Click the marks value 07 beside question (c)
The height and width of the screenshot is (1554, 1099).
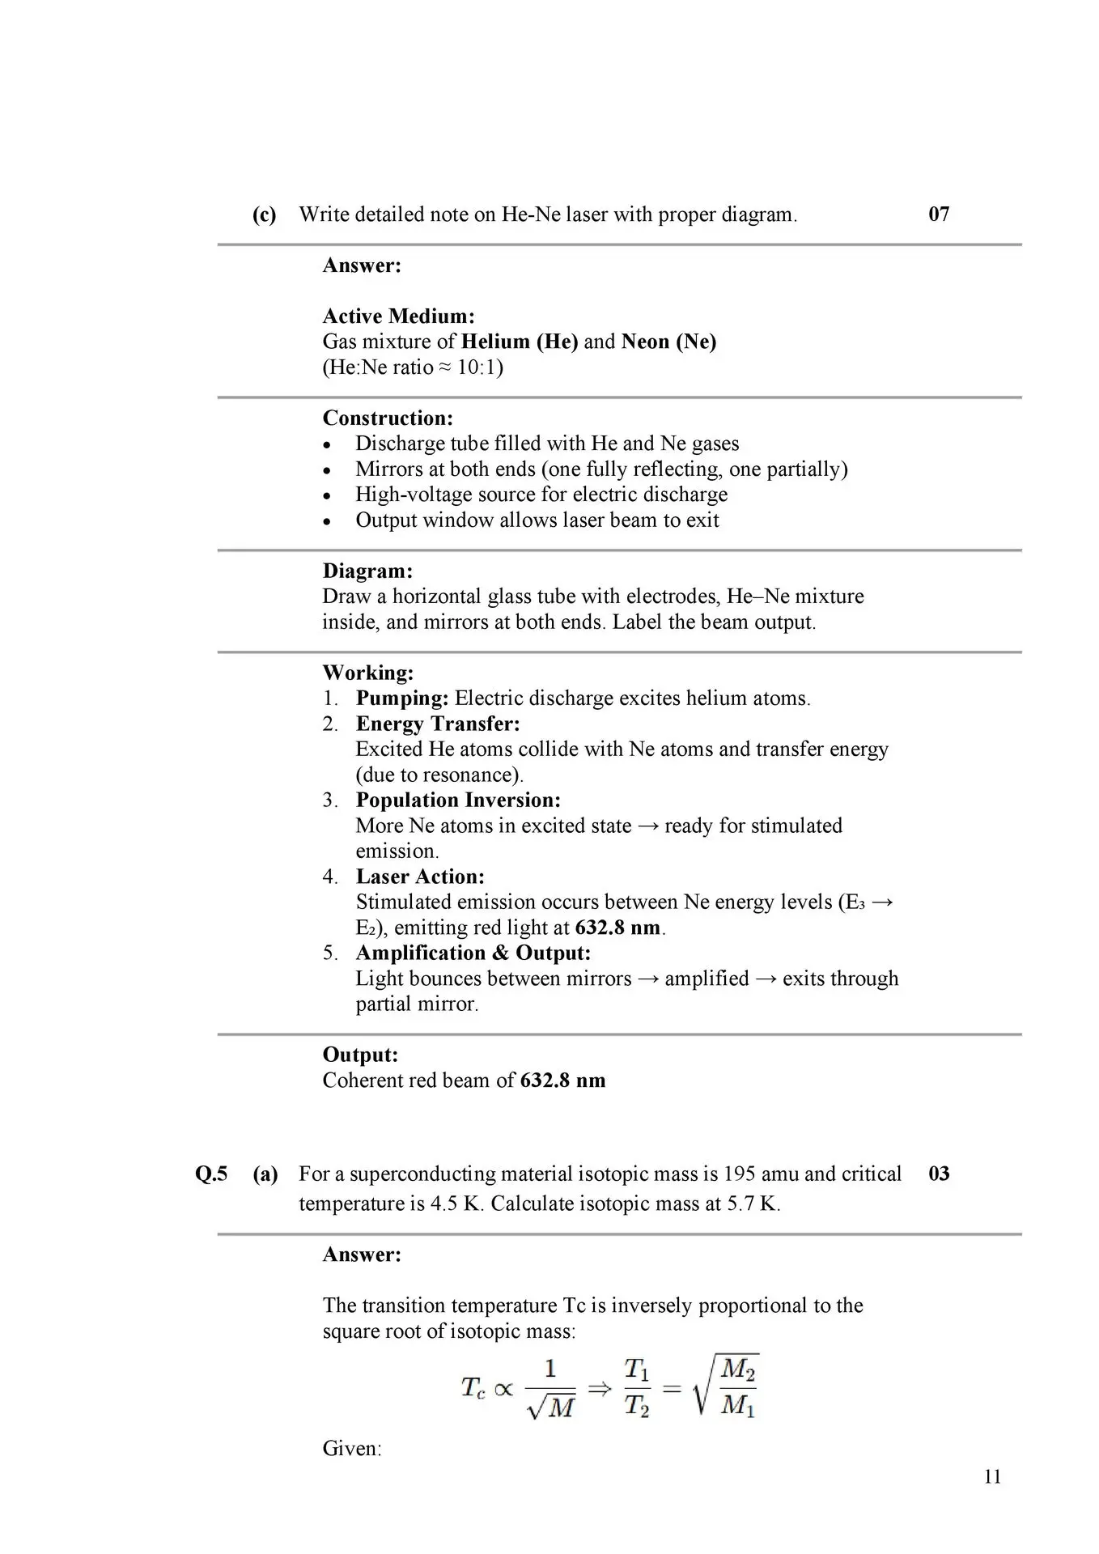[x=939, y=214]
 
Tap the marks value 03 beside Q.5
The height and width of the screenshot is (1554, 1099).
[x=939, y=1174]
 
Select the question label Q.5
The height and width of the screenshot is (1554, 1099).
[x=211, y=1174]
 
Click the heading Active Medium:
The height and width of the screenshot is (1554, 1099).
[x=398, y=316]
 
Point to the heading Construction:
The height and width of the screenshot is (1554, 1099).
[x=388, y=418]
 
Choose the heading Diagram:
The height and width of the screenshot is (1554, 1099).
[x=367, y=571]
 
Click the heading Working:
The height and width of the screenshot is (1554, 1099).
[x=368, y=673]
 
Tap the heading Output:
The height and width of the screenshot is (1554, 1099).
[x=360, y=1055]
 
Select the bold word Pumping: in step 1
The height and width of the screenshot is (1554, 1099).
[x=402, y=698]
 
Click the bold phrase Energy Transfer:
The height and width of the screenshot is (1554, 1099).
[x=438, y=724]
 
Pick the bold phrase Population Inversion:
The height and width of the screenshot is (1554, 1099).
[x=458, y=800]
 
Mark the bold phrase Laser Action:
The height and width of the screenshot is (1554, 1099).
[x=420, y=877]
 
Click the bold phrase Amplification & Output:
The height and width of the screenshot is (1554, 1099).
[x=473, y=953]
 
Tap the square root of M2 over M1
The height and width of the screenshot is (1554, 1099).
[x=727, y=1386]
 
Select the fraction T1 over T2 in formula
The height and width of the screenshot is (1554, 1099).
[x=636, y=1387]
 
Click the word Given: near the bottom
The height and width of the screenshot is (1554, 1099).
[x=351, y=1448]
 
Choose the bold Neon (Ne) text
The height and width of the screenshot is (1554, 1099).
[x=668, y=342]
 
